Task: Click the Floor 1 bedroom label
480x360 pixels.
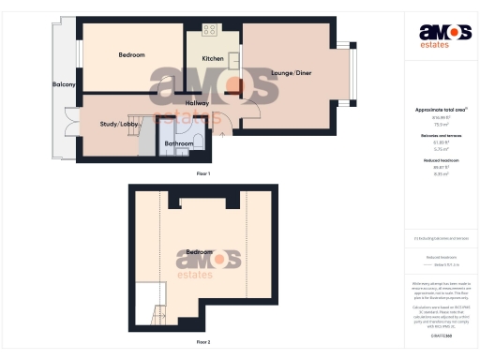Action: tap(131, 55)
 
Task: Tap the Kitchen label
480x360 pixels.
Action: tap(213, 59)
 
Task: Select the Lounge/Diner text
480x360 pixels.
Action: tap(290, 73)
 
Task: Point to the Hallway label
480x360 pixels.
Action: tap(197, 103)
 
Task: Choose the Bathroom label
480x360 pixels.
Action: tap(179, 143)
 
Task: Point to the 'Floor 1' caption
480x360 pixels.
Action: tap(203, 174)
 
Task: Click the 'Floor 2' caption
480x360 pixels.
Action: tap(203, 342)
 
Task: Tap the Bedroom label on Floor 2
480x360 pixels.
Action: tap(198, 252)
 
